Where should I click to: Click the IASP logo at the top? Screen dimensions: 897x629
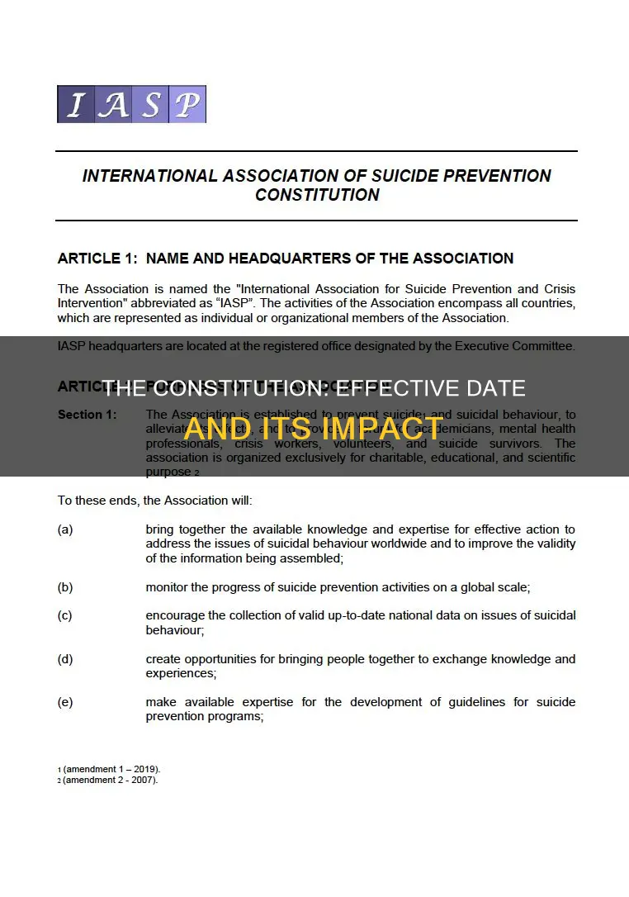[131, 104]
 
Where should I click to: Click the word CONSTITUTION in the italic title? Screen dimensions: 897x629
[317, 196]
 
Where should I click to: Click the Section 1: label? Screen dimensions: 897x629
[88, 414]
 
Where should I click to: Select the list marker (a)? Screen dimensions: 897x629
[65, 529]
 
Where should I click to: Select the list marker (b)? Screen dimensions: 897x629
[65, 587]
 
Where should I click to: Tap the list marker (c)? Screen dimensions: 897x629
[65, 616]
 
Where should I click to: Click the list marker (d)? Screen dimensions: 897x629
[65, 659]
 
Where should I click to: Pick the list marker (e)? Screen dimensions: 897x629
[65, 702]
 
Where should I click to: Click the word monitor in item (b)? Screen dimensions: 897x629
[169, 587]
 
